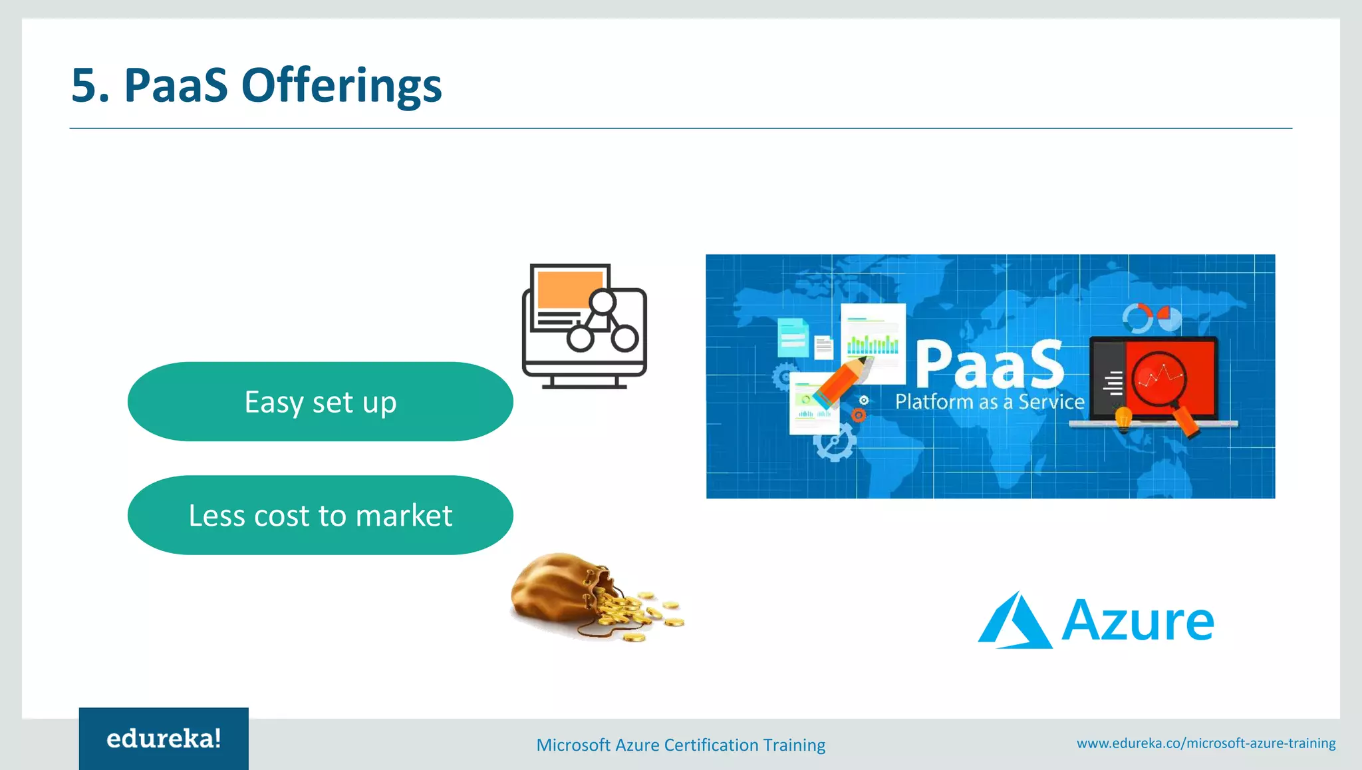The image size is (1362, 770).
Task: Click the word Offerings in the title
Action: (x=341, y=86)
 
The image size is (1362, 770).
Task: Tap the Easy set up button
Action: (x=320, y=402)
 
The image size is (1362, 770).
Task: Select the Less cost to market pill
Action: (x=320, y=515)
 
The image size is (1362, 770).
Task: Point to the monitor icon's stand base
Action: (x=584, y=385)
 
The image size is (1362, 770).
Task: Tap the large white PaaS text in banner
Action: (x=990, y=364)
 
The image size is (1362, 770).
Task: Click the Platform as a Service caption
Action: (x=990, y=402)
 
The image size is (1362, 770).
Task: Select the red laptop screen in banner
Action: (x=1170, y=376)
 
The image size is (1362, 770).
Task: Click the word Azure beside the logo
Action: (x=1138, y=621)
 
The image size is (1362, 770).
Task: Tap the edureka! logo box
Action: (x=164, y=739)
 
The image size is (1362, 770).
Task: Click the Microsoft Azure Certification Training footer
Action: (x=680, y=745)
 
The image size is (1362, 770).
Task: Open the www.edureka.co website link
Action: (x=1206, y=743)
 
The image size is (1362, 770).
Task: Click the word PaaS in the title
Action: (x=176, y=86)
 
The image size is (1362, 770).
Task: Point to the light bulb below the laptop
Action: (x=1123, y=420)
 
